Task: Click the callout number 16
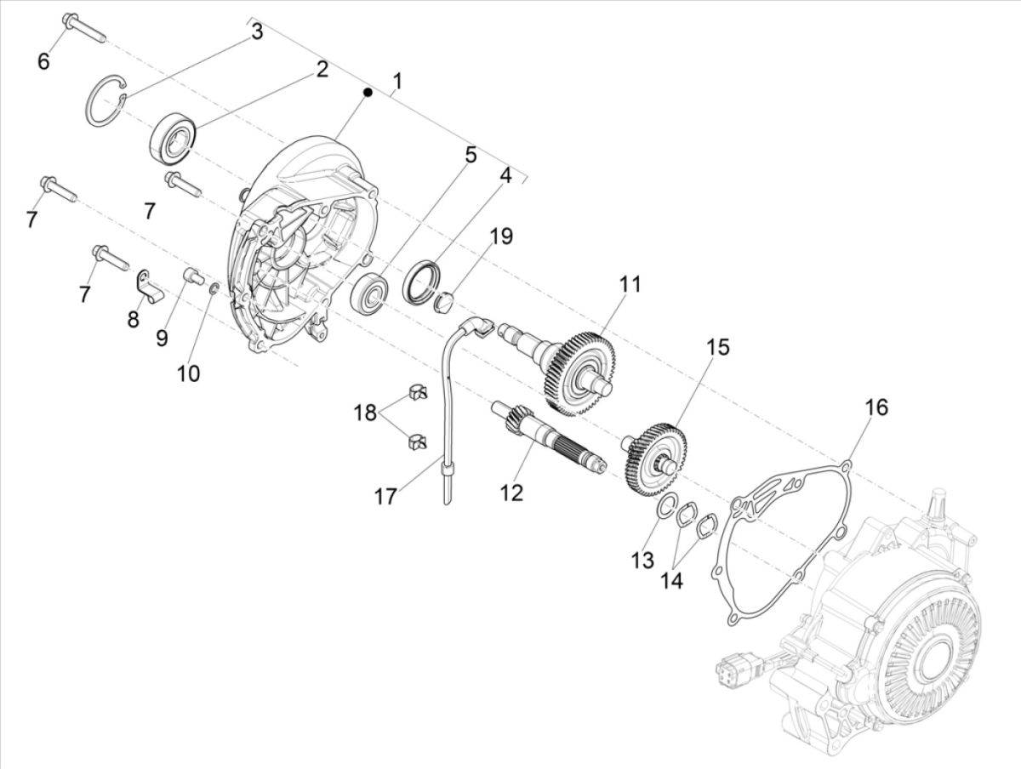[876, 407]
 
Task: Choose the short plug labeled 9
[193, 276]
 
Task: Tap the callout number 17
[385, 495]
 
